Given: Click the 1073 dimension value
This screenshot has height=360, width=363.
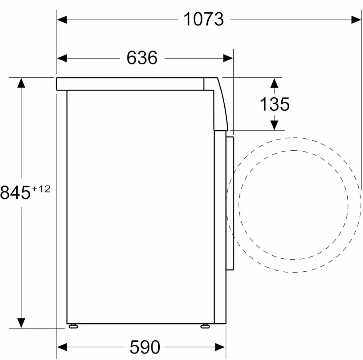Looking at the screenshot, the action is pos(204,20).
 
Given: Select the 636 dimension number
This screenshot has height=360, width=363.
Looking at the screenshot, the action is pos(142,58).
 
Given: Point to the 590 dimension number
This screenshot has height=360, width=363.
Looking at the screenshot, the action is pos(145,347).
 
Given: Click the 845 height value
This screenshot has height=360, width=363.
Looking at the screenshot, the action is pos(15,193).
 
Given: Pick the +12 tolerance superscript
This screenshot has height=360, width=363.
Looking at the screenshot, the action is pos(41,189).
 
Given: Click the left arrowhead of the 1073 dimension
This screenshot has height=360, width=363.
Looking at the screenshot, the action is pos(62,20).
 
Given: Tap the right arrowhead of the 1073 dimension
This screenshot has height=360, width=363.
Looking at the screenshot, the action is pos(356,20).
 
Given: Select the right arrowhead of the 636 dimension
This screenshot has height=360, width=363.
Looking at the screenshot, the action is pos(228,58).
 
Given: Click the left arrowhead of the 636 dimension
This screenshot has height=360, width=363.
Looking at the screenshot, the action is pos(62,58).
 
